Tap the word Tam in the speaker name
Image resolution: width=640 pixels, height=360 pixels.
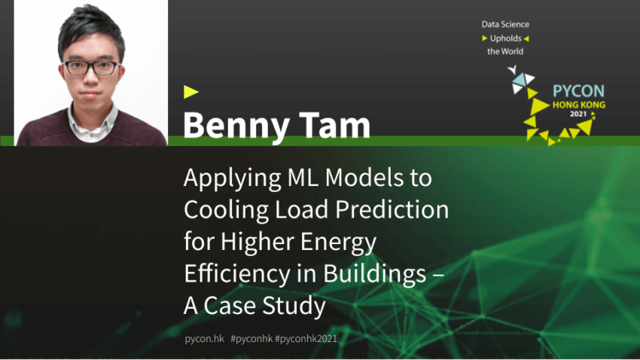pyautogui.click(x=335, y=124)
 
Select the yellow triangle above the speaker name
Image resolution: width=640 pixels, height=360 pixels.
pyautogui.click(x=190, y=92)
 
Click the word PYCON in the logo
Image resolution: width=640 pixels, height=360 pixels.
pyautogui.click(x=578, y=91)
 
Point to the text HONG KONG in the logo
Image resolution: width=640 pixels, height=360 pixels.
pyautogui.click(x=579, y=105)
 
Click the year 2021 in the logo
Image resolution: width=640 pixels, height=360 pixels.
pyautogui.click(x=578, y=114)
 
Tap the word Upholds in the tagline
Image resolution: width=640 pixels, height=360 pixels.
pyautogui.click(x=506, y=38)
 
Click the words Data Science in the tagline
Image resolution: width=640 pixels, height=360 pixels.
pyautogui.click(x=505, y=25)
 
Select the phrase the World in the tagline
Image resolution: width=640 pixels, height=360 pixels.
pyautogui.click(x=505, y=51)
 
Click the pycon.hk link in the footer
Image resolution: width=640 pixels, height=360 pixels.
pyautogui.click(x=205, y=339)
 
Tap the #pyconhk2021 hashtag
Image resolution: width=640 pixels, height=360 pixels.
pyautogui.click(x=306, y=339)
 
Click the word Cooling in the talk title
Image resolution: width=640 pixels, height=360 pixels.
pyautogui.click(x=226, y=210)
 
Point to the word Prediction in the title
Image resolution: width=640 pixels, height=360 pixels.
pyautogui.click(x=392, y=209)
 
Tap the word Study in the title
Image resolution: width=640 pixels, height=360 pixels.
pyautogui.click(x=294, y=306)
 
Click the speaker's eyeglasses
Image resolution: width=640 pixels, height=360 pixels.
pyautogui.click(x=92, y=68)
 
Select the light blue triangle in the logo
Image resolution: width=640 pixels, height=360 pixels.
pyautogui.click(x=520, y=80)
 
